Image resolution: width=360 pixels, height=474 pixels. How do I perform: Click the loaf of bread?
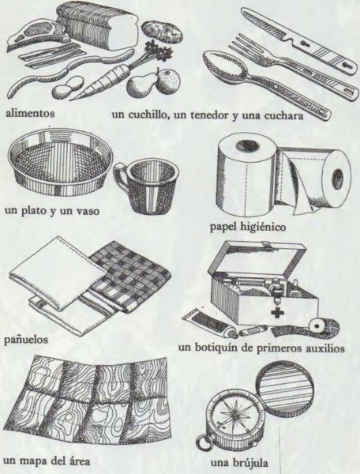point(98,25)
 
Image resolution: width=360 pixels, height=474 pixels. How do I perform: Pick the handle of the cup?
point(120,179)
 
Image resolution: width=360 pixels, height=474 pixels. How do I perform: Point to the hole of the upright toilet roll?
point(247,146)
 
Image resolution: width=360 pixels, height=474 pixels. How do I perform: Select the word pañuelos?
point(26,340)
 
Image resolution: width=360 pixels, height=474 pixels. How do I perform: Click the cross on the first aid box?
point(276,313)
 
